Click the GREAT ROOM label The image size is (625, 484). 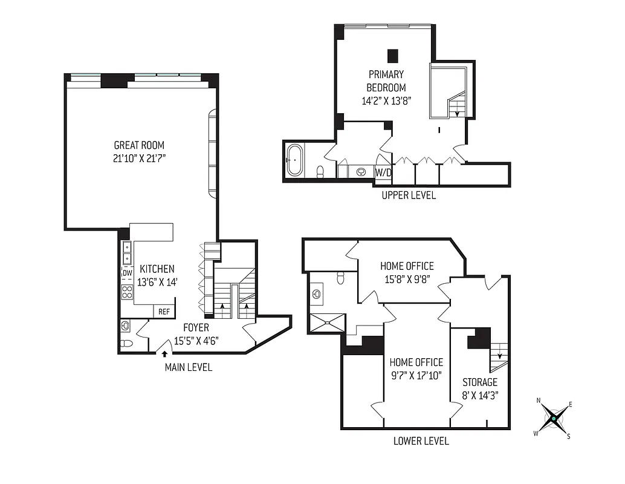pyautogui.click(x=139, y=145)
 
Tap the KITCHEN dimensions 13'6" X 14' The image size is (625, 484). pyautogui.click(x=157, y=282)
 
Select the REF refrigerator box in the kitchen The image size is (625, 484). pyautogui.click(x=164, y=312)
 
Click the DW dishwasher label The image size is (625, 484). pyautogui.click(x=128, y=273)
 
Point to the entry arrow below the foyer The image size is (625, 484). pyautogui.click(x=164, y=353)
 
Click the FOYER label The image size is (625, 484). pyautogui.click(x=196, y=328)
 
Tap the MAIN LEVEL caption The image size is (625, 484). pyautogui.click(x=188, y=367)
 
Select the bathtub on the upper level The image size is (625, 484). pyautogui.click(x=294, y=160)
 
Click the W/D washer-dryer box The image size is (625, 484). pyautogui.click(x=383, y=172)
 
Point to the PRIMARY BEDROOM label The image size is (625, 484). pyautogui.click(x=386, y=81)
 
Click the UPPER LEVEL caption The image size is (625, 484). pyautogui.click(x=408, y=195)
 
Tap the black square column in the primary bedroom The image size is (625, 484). pyautogui.click(x=393, y=56)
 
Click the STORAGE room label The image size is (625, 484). pyautogui.click(x=480, y=382)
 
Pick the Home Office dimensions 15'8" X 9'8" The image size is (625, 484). pyautogui.click(x=407, y=280)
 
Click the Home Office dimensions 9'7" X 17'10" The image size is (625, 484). pyautogui.click(x=416, y=375)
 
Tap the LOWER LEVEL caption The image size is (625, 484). pyautogui.click(x=421, y=441)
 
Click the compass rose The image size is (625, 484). pyautogui.click(x=553, y=417)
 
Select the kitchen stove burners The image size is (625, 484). pyautogui.click(x=128, y=293)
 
